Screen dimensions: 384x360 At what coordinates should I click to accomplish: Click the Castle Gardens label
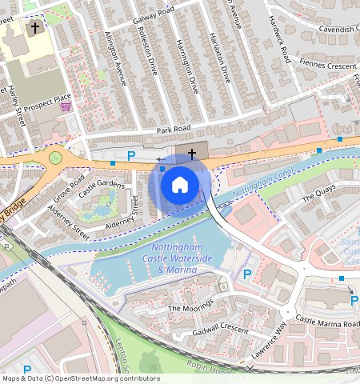102,186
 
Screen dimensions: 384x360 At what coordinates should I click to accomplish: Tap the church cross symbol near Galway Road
34,28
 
